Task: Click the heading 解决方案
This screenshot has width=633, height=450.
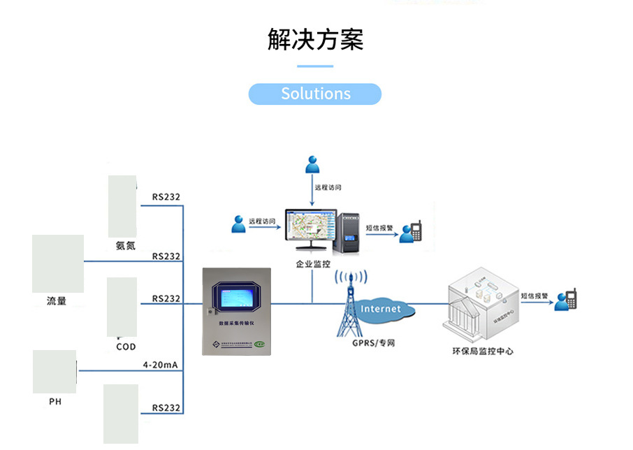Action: pos(316,40)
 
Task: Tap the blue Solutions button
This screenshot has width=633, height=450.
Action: pos(315,94)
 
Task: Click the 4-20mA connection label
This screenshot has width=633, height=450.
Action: pos(161,365)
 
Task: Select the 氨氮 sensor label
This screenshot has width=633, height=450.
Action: pos(126,245)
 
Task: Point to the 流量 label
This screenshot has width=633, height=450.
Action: pos(57,301)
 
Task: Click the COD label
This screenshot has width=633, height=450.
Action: pos(126,347)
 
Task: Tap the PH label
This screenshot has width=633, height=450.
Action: pos(55,402)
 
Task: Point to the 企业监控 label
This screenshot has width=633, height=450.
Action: pos(313,264)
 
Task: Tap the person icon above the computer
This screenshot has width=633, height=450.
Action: pos(312,166)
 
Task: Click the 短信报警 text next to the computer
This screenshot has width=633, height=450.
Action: pos(380,227)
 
